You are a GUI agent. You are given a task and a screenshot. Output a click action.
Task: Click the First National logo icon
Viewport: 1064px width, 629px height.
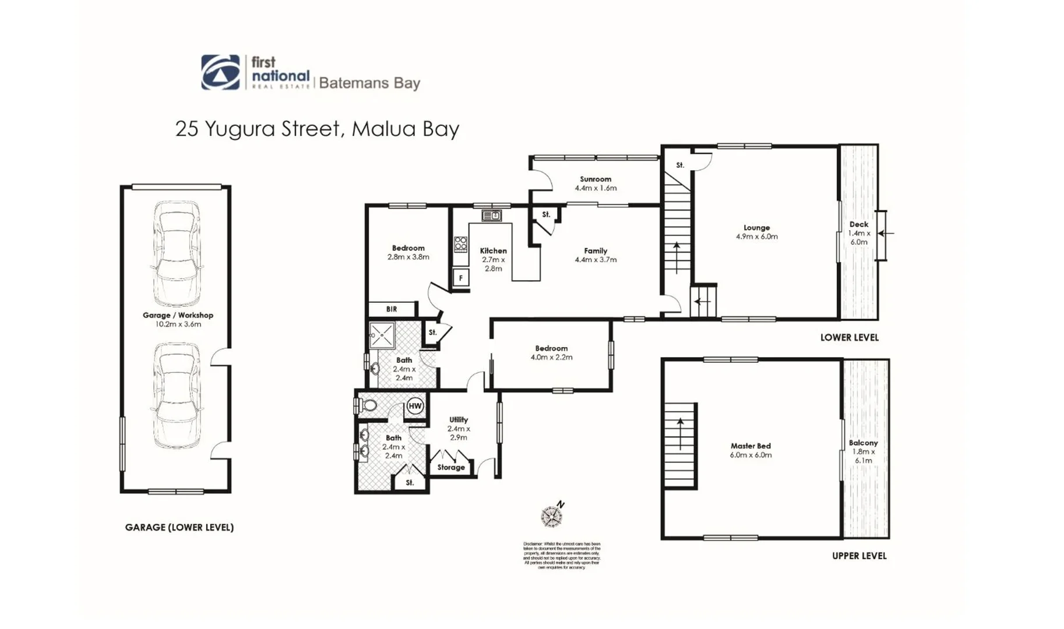[220, 72]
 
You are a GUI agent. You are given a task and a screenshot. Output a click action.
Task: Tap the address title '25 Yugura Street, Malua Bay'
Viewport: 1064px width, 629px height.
[317, 128]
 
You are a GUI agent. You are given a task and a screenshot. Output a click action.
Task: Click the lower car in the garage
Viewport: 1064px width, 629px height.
[177, 395]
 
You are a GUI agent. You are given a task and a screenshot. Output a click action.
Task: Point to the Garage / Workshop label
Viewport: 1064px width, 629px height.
[178, 315]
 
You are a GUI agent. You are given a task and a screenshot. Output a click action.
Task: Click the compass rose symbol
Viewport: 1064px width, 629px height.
[551, 516]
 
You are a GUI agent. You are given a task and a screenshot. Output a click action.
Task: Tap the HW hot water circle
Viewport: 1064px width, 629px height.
[415, 406]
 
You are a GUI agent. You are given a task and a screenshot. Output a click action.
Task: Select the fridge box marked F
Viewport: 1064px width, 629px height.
[460, 278]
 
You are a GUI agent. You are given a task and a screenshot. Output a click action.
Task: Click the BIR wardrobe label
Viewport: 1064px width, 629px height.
[392, 309]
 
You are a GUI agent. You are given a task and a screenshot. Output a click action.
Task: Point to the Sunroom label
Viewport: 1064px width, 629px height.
[595, 179]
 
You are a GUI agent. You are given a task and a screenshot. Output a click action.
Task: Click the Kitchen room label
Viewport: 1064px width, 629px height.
[493, 250]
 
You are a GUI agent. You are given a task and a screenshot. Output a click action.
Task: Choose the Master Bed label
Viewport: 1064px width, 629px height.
[751, 446]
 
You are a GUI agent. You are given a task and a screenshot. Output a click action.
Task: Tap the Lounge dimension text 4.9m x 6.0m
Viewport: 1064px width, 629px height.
[756, 236]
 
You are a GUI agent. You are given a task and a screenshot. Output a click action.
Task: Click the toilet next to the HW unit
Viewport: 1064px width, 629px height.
[368, 405]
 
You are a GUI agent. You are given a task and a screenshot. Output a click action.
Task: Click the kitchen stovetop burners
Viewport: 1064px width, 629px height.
[460, 243]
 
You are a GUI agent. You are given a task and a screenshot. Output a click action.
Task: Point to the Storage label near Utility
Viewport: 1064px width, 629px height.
[451, 467]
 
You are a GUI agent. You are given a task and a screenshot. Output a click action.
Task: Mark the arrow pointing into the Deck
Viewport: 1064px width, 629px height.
[885, 234]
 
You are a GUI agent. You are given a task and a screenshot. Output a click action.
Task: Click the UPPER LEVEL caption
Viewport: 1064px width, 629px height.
[859, 556]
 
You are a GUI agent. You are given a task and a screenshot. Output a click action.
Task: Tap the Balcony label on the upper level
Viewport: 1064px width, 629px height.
[863, 443]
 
